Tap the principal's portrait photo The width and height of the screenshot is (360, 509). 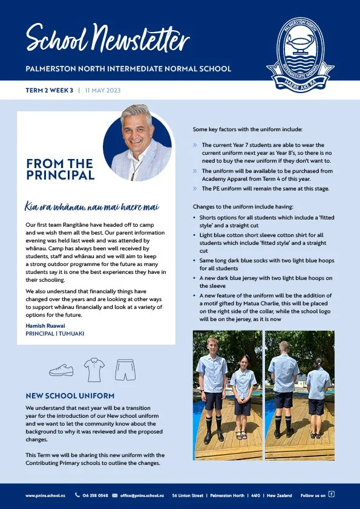(137, 143)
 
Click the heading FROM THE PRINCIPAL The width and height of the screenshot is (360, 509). (60, 169)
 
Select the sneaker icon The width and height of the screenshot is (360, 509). (61, 370)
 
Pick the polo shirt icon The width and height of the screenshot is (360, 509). (94, 369)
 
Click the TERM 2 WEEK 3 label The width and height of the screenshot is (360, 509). (49, 89)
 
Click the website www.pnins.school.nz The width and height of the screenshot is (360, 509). (45, 495)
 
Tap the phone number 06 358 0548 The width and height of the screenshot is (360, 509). (95, 495)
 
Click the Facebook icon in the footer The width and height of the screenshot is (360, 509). (331, 494)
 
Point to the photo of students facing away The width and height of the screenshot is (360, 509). (300, 395)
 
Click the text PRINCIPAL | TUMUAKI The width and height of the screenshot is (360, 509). (54, 333)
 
